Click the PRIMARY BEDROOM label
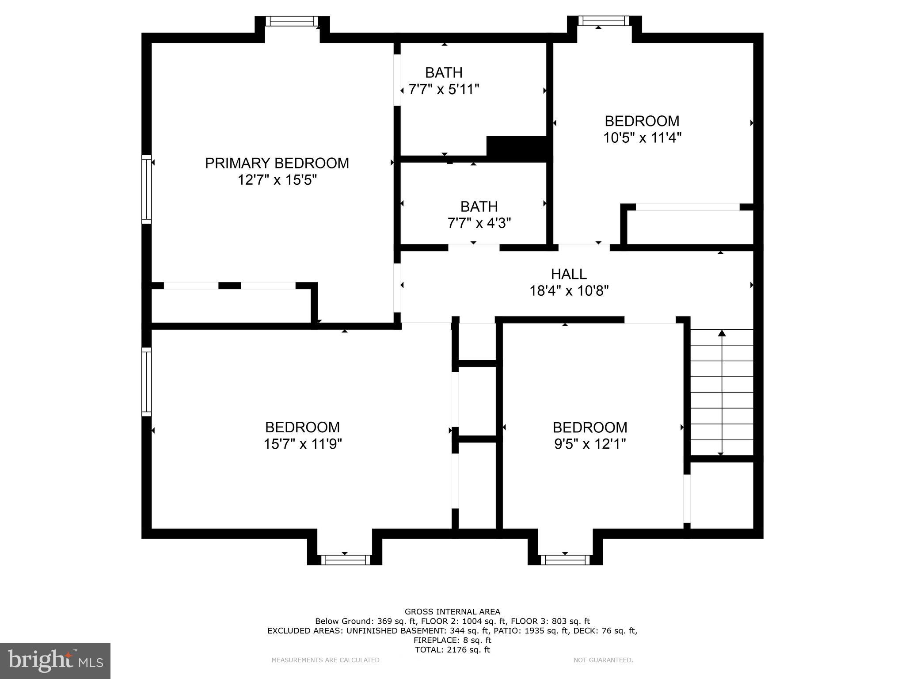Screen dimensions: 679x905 pyautogui.click(x=277, y=163)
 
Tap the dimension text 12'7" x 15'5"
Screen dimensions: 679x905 pyautogui.click(x=277, y=180)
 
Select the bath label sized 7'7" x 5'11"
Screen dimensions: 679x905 pyautogui.click(x=444, y=72)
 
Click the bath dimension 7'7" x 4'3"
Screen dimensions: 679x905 pyautogui.click(x=479, y=223)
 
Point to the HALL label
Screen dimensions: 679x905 pyautogui.click(x=569, y=274)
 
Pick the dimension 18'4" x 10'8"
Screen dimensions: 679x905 pyautogui.click(x=569, y=291)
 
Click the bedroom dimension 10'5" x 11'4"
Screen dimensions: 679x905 pyautogui.click(x=642, y=138)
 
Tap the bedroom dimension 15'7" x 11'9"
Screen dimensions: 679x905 pyautogui.click(x=303, y=444)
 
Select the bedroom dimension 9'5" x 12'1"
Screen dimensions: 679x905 pyautogui.click(x=590, y=444)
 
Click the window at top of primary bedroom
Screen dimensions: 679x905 pyautogui.click(x=292, y=21)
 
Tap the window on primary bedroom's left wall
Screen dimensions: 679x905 pyautogui.click(x=146, y=189)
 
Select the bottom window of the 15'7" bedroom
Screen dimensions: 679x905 pyautogui.click(x=345, y=560)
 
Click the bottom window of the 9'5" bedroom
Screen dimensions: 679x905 pyautogui.click(x=565, y=560)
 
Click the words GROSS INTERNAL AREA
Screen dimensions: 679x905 pyautogui.click(x=452, y=612)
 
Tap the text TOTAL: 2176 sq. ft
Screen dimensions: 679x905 pyautogui.click(x=452, y=650)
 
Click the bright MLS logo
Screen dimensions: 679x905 pyautogui.click(x=55, y=660)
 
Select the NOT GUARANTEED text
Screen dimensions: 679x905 pyautogui.click(x=603, y=660)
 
